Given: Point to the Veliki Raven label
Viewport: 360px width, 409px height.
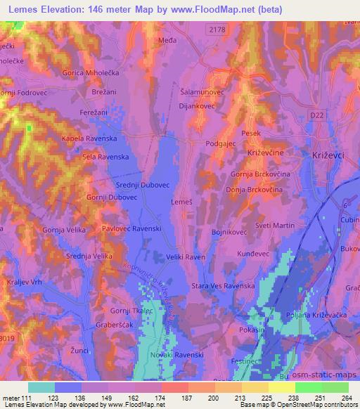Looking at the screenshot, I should tap(186, 258).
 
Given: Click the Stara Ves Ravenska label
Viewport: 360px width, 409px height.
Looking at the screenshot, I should tap(223, 286).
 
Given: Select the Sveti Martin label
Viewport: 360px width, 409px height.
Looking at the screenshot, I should tap(274, 225).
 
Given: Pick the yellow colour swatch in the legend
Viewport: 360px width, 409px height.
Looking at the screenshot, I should tap(281, 388).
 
